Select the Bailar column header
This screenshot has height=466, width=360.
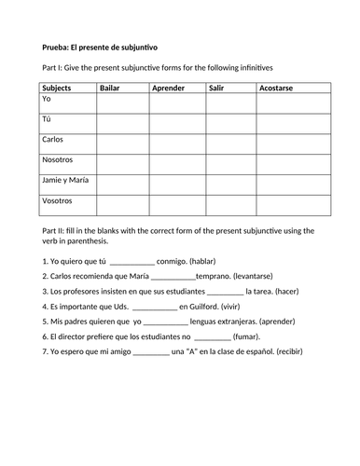click(x=112, y=88)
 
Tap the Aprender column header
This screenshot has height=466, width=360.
click(x=169, y=88)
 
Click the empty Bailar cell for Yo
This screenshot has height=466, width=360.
click(x=122, y=100)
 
